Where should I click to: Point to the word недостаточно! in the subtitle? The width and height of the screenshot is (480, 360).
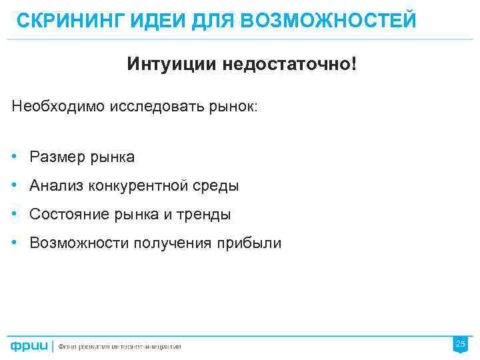point(291,65)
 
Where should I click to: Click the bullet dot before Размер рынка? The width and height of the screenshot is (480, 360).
point(15,157)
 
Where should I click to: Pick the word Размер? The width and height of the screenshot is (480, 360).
point(55,157)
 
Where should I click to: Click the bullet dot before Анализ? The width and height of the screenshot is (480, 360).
point(15,185)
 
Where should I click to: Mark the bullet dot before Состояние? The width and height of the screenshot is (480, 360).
point(15,214)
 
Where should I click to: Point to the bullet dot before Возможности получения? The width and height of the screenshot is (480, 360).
point(15,243)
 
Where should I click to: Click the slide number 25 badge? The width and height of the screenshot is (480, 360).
point(460,344)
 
